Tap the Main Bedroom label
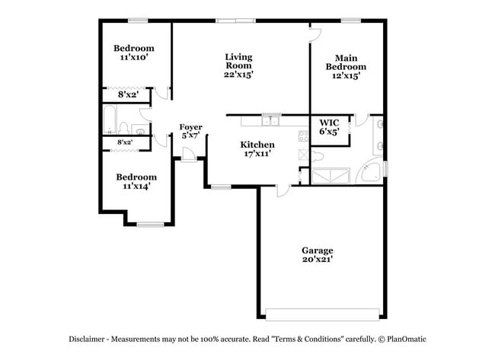pos(346,62)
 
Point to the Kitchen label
pos(257,145)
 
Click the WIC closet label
pos(329,122)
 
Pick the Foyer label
pos(190,127)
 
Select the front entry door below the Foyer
pos(188,158)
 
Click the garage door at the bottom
pos(322,313)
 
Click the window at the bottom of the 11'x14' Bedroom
pos(150,224)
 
